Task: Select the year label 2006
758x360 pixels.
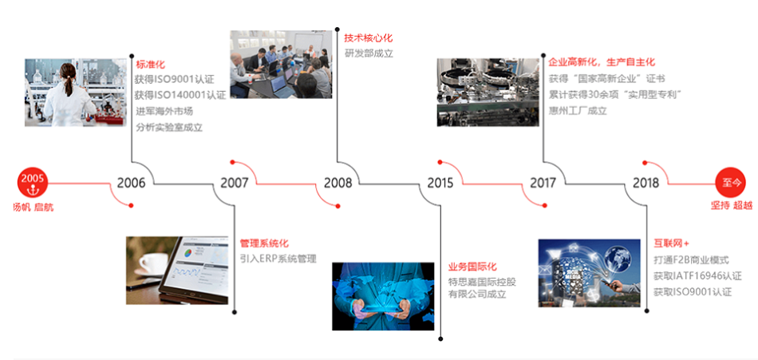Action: pos(131,183)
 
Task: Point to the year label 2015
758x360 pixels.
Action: pos(440,183)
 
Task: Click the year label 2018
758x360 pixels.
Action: pos(645,183)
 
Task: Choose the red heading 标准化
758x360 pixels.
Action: pos(150,65)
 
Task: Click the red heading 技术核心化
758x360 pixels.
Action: pos(369,38)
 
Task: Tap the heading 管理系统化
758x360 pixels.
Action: pos(264,243)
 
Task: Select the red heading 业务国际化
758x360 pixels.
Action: pos(472,267)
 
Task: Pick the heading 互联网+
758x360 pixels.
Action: pos(672,243)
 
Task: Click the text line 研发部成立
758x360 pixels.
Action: pos(369,53)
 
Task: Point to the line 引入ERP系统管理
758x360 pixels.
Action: pos(278,259)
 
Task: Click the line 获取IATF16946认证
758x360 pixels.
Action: pos(697,276)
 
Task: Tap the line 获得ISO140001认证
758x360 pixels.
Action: pos(181,95)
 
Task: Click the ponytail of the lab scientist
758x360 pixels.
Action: pos(69,85)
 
